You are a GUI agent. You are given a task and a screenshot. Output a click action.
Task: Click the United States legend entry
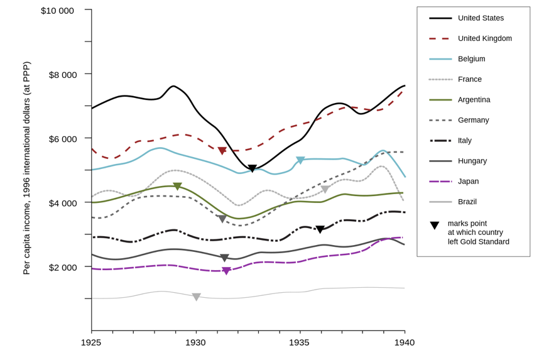coord(481,18)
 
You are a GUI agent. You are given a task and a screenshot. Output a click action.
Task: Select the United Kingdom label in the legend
coord(484,38)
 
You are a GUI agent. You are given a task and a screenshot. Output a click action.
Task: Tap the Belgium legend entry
coord(471,59)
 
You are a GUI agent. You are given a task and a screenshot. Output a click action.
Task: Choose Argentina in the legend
coord(474,100)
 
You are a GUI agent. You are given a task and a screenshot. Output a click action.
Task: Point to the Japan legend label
coord(469,182)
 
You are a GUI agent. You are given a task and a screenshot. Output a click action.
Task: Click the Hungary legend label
coord(473,161)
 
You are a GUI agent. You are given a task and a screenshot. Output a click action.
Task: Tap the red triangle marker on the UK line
coord(222,151)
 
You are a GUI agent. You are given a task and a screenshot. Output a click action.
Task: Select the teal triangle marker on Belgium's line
coord(300,160)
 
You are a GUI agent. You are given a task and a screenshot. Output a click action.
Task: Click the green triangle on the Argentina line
coord(177,186)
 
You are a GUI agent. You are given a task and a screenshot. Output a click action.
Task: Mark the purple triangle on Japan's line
coord(226,271)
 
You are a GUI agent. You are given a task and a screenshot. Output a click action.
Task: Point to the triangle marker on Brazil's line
coord(196,297)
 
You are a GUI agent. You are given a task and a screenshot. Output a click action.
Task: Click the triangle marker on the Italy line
coord(320,229)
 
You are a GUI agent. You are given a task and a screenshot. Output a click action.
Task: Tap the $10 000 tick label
coord(57,11)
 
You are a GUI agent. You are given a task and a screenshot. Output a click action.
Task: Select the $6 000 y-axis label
coord(63,139)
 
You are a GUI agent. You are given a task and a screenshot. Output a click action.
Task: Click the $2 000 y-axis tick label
coord(63,267)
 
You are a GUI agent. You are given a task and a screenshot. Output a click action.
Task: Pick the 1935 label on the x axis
coord(299,342)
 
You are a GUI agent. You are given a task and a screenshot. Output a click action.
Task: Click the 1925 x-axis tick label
coord(91,342)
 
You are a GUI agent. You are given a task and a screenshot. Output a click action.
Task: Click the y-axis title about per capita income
coord(26,168)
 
